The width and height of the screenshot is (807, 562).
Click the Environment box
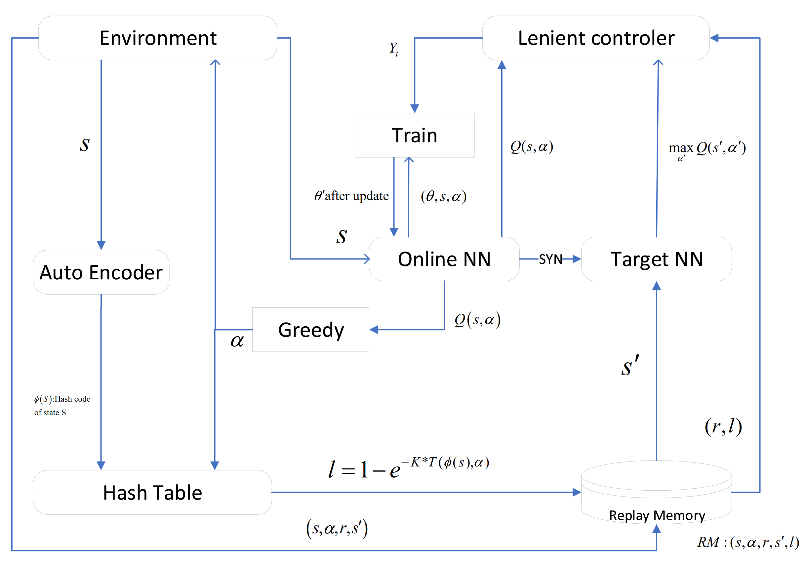(157, 38)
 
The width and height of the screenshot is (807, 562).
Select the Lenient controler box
(596, 38)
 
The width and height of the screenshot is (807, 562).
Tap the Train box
(414, 135)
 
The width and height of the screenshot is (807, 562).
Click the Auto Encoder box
(101, 272)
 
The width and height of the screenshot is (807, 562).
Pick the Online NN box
(444, 259)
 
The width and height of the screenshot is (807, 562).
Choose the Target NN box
(656, 259)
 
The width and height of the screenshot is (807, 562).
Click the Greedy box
(311, 330)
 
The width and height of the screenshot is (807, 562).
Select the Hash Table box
(152, 492)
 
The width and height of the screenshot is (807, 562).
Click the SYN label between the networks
(550, 260)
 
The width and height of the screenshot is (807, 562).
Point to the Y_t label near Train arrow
(394, 49)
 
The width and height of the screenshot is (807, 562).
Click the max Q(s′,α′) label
(706, 149)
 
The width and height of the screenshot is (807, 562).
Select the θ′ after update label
(351, 196)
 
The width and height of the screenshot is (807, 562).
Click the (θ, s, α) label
(444, 196)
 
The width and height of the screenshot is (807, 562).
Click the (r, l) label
(723, 426)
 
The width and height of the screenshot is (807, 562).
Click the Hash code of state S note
(62, 405)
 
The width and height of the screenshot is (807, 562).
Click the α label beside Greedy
(237, 341)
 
